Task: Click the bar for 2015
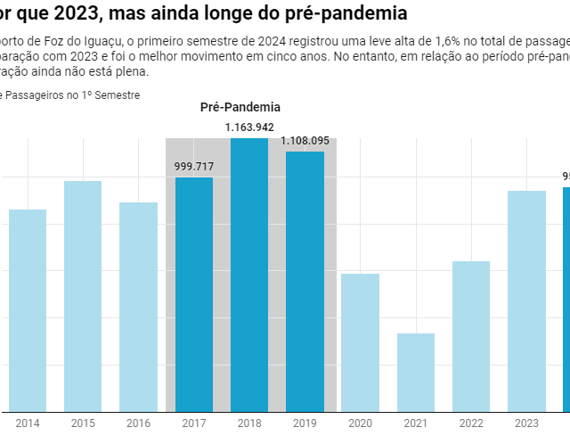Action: [x=83, y=296]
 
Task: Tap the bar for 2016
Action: [x=138, y=307]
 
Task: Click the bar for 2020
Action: [x=360, y=342]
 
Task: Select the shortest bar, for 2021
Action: [x=416, y=373]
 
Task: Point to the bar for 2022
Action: [x=471, y=336]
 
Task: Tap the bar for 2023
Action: [x=526, y=301]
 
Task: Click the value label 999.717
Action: [x=194, y=166]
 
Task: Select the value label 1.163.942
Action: [x=249, y=127]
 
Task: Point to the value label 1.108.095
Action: [x=305, y=140]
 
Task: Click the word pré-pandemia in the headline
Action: [x=339, y=14]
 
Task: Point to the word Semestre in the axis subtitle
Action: [x=118, y=95]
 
